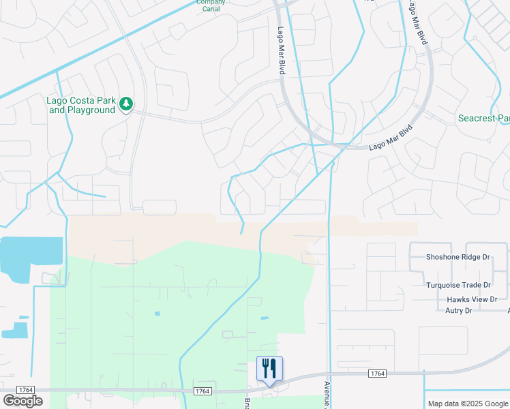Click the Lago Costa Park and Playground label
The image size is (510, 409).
pyautogui.click(x=80, y=105)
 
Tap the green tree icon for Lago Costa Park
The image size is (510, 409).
pyautogui.click(x=125, y=104)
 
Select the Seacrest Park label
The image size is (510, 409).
pyautogui.click(x=483, y=119)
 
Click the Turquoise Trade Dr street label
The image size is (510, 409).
pyautogui.click(x=458, y=285)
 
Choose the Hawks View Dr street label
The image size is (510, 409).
pyautogui.click(x=472, y=299)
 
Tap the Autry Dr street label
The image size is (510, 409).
pyautogui.click(x=459, y=311)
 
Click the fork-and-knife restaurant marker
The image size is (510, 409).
pyautogui.click(x=269, y=369)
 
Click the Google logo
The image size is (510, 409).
pyautogui.click(x=22, y=401)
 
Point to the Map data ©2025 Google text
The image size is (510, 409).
pyautogui.click(x=467, y=404)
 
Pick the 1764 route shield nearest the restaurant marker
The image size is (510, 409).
pyautogui.click(x=202, y=391)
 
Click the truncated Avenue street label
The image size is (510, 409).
pyautogui.click(x=327, y=393)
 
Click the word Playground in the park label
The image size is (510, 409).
pyautogui.click(x=91, y=110)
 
